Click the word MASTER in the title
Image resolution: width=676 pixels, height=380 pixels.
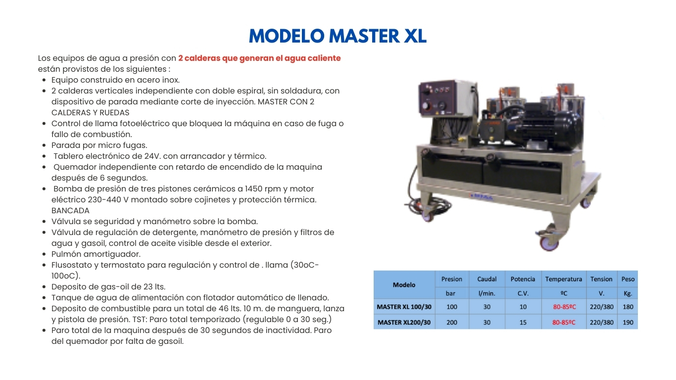pos(364,36)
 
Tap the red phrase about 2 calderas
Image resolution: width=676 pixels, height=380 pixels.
pos(259,58)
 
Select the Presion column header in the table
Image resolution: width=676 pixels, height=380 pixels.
pos(451,279)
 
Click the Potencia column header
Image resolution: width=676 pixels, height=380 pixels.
pos(523,279)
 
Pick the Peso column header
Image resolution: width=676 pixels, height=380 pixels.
pos(628,279)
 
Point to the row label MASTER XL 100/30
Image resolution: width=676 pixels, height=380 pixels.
pos(404,307)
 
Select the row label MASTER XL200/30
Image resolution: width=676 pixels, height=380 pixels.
pos(404,322)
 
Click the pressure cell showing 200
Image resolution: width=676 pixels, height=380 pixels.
pos(451,322)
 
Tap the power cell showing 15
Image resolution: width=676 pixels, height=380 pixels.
pos(523,322)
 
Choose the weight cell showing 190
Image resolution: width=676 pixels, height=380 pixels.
pos(628,322)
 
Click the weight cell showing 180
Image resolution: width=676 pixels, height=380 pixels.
pos(628,307)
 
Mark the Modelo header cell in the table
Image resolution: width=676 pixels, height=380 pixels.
pos(404,285)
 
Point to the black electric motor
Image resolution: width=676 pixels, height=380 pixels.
pos(546,125)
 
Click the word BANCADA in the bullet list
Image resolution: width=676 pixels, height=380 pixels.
pos(70,210)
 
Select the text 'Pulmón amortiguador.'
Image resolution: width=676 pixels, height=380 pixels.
pos(96,254)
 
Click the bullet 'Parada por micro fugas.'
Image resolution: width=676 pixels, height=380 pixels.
pos(99,145)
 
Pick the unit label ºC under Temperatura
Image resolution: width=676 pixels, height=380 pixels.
pos(564,293)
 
